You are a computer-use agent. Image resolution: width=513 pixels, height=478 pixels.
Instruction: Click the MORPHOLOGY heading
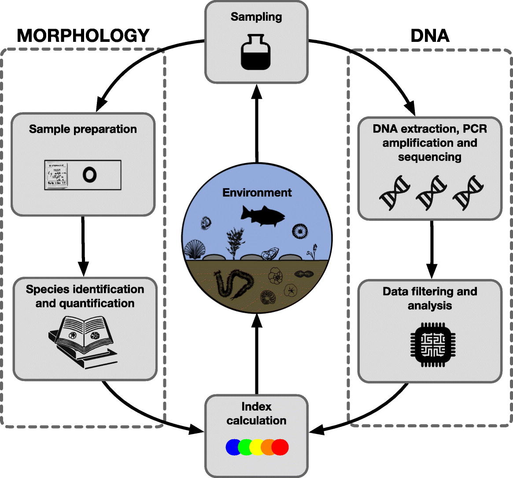click(83, 36)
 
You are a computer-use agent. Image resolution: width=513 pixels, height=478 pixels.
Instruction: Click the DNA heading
click(430, 36)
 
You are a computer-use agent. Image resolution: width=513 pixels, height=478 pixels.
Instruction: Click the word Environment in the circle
click(257, 193)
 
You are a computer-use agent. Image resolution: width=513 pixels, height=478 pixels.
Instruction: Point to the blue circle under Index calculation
click(233, 447)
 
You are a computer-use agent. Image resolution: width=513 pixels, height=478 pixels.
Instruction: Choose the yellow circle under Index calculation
click(257, 447)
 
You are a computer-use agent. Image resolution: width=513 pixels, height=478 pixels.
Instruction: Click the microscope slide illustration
click(82, 175)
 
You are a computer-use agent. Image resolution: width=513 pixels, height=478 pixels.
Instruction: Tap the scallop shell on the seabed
click(194, 250)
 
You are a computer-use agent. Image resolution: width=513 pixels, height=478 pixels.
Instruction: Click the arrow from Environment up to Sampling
click(256, 123)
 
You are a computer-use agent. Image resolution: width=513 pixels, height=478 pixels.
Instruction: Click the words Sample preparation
click(83, 129)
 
